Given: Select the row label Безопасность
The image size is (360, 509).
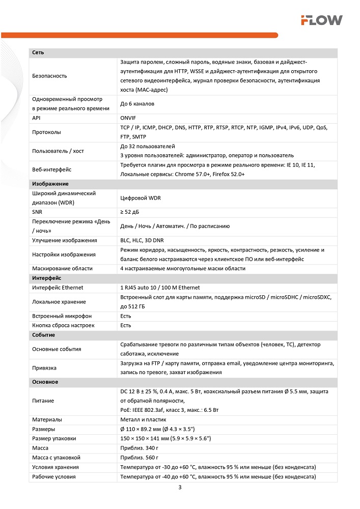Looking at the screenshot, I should pyautogui.click(x=49, y=76).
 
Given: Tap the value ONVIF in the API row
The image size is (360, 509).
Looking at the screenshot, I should pyautogui.click(x=128, y=118).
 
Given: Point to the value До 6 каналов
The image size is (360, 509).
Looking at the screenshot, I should pyautogui.click(x=137, y=103).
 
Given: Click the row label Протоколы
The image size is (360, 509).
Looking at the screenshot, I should pyautogui.click(x=46, y=132).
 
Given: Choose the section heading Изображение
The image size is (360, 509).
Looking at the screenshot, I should pyautogui.click(x=50, y=184).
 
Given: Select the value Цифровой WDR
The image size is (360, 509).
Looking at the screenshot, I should pyautogui.click(x=141, y=198).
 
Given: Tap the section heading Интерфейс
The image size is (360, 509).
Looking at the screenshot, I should pyautogui.click(x=46, y=278).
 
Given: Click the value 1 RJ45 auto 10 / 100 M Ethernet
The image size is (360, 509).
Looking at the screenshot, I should pyautogui.click(x=160, y=288).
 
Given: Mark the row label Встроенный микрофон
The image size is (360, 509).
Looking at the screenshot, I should pyautogui.click(x=62, y=316).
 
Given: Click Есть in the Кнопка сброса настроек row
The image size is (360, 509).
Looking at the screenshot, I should pyautogui.click(x=126, y=325).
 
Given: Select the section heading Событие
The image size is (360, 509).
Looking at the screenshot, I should pyautogui.click(x=43, y=335).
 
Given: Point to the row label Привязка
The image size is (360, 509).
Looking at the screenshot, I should pyautogui.click(x=44, y=367).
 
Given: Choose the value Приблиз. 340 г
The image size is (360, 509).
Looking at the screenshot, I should pyautogui.click(x=139, y=448).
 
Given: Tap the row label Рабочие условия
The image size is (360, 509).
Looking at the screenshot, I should pyautogui.click(x=53, y=476).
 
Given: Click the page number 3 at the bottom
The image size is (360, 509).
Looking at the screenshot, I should pyautogui.click(x=180, y=488).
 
